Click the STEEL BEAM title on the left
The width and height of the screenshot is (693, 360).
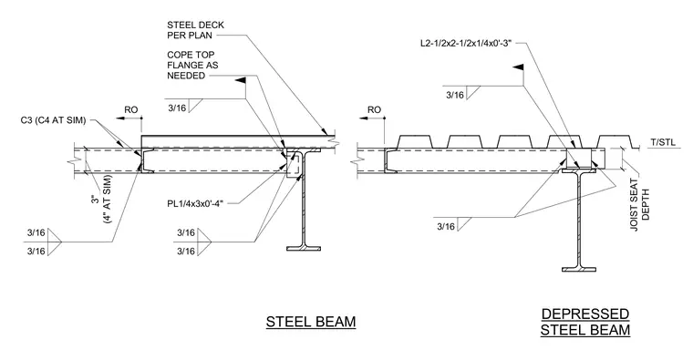click(311, 322)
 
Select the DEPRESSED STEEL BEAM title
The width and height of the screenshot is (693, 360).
click(585, 322)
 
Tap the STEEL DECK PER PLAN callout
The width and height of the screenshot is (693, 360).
click(195, 30)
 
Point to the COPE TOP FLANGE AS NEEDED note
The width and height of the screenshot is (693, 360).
click(192, 66)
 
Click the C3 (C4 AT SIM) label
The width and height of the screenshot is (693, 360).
click(53, 120)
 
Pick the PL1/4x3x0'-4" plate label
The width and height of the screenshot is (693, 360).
click(196, 203)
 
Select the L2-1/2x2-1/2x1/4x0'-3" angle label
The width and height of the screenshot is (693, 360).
click(466, 43)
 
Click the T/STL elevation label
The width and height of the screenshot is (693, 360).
click(663, 142)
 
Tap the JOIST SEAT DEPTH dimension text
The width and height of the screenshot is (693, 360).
click(639, 204)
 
